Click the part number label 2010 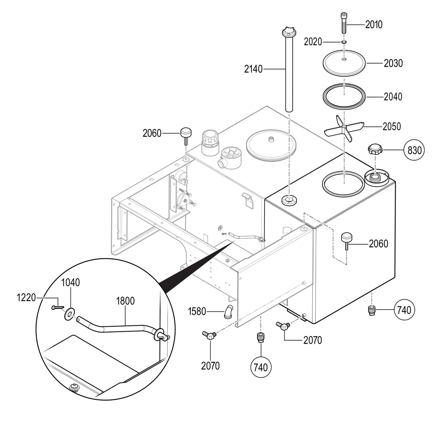374,25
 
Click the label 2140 253,70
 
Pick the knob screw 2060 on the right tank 347,240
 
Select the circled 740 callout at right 404,310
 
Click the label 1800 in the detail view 125,301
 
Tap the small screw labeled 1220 56,307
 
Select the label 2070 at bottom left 210,366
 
